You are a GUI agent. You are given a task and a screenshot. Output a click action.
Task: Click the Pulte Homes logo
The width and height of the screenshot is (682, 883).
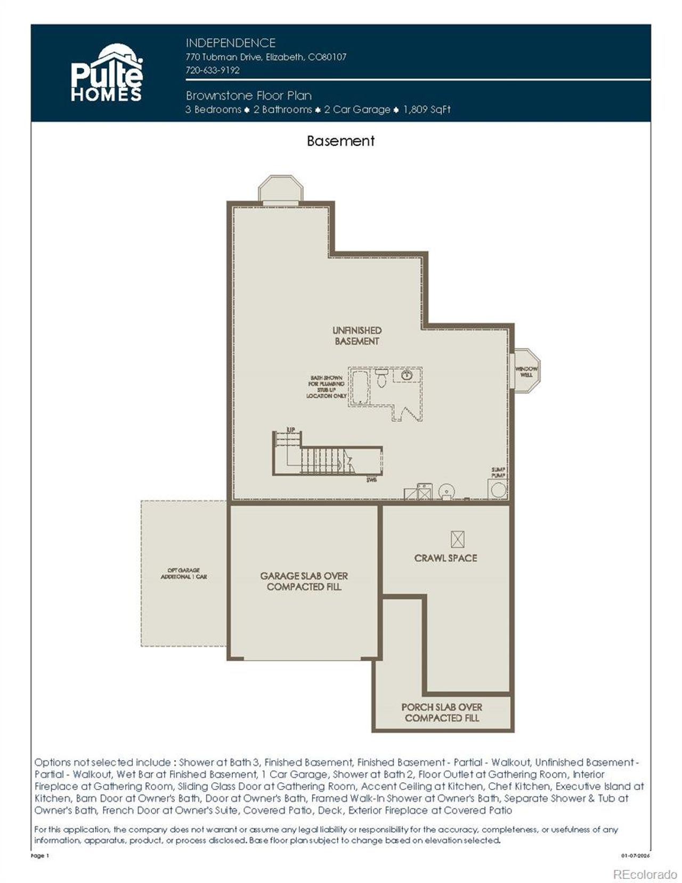[107, 73]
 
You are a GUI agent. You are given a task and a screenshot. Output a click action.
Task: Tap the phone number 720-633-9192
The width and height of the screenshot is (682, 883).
[213, 70]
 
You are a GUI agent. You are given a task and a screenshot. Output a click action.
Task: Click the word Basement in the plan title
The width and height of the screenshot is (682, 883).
[340, 141]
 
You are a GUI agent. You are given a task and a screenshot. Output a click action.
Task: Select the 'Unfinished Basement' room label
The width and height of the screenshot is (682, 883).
[357, 336]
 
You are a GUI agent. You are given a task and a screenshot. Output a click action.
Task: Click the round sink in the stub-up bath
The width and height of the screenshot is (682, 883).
[407, 375]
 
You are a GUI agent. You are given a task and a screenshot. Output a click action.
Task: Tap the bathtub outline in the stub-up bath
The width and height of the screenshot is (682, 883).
[360, 387]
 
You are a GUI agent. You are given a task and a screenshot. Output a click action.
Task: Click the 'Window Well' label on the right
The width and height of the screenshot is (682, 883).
[526, 371]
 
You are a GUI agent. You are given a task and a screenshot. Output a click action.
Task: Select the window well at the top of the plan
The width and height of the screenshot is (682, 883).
[281, 190]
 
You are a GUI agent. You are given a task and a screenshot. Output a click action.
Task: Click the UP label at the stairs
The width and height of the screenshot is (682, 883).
[291, 430]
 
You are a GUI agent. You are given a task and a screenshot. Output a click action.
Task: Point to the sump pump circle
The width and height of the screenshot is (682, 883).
[498, 490]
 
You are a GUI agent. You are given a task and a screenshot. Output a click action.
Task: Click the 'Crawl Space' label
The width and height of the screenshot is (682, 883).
[445, 558]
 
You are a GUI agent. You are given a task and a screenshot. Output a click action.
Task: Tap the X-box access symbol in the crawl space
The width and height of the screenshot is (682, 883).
[458, 539]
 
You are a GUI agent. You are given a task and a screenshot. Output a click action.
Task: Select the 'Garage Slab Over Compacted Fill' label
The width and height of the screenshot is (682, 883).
[304, 581]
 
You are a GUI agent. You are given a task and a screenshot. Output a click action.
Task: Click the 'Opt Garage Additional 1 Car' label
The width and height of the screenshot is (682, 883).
[184, 573]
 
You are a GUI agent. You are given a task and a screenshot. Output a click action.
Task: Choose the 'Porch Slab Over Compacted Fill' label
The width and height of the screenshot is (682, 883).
[442, 712]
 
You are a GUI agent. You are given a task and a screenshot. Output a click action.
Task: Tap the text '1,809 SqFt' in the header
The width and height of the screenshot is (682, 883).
[427, 110]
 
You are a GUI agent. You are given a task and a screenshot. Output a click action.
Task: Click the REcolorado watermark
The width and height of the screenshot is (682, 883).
[645, 874]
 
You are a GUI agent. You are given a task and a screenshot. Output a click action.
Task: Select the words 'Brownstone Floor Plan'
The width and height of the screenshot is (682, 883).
[249, 96]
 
